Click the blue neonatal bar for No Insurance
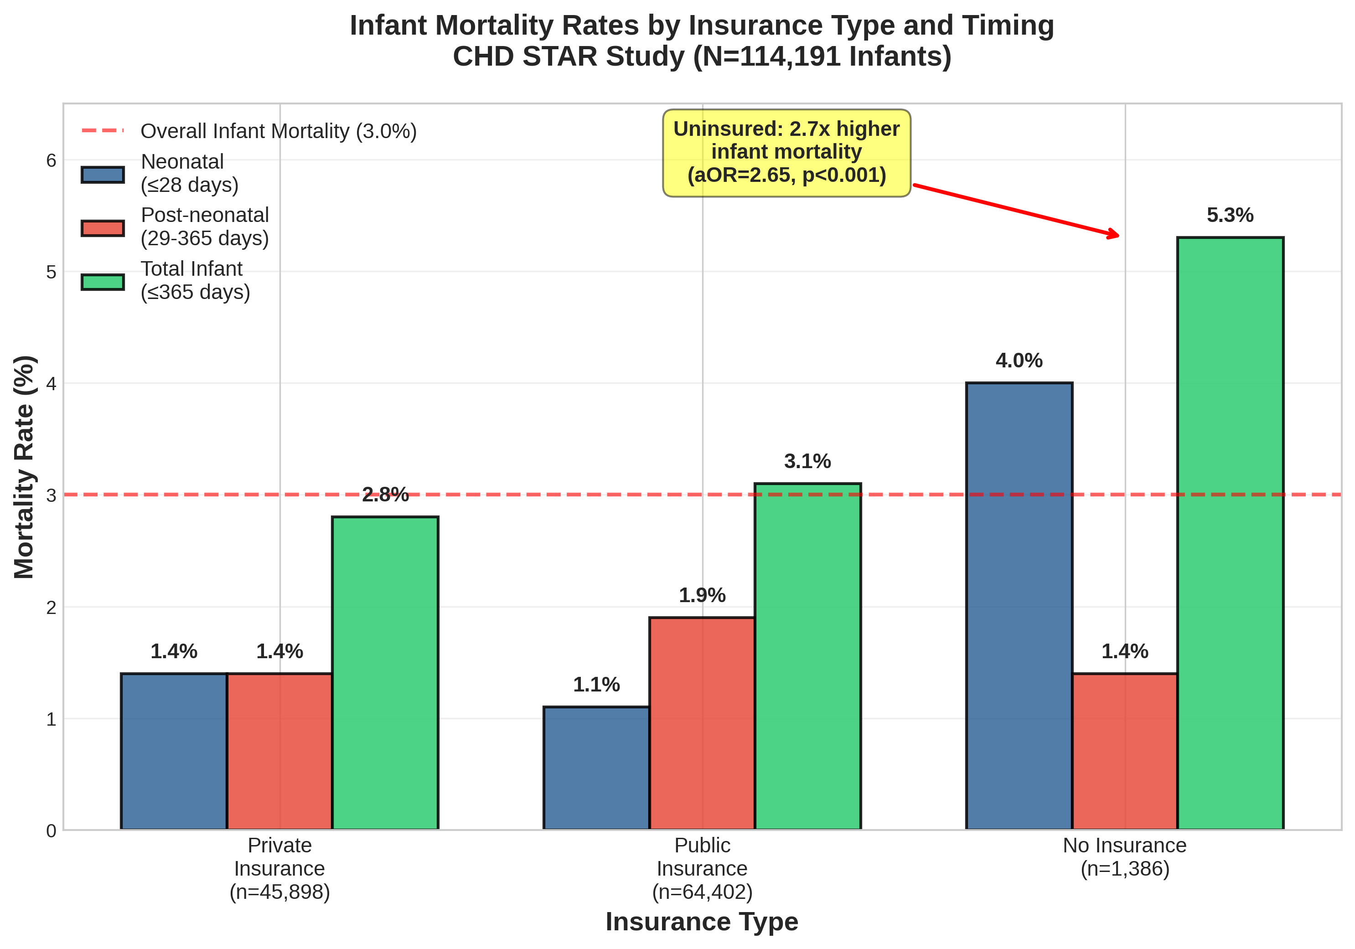click(1019, 606)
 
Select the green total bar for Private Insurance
click(385, 673)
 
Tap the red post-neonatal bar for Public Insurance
click(702, 723)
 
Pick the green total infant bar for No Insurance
click(1230, 533)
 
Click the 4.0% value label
click(1019, 361)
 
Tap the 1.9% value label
click(702, 595)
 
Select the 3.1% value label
click(807, 461)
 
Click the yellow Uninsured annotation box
click(786, 152)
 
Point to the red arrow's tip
click(1118, 236)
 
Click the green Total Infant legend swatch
click(103, 282)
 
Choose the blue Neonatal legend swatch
click(103, 175)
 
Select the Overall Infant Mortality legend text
click(279, 131)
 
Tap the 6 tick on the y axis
click(52, 160)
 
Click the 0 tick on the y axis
click(52, 830)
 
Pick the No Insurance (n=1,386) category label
click(1124, 857)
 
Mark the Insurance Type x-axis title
click(702, 922)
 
